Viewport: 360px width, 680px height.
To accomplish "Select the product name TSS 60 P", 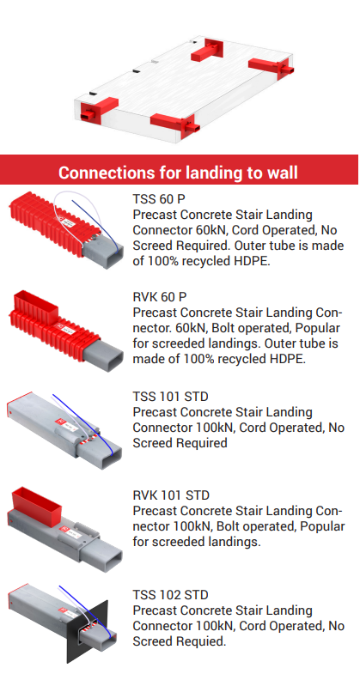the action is click(x=159, y=199).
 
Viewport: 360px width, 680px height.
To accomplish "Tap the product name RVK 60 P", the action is click(x=160, y=297).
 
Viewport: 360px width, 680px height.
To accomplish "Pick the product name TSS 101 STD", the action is click(x=170, y=397).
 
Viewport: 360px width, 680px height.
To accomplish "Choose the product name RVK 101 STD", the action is click(x=171, y=495).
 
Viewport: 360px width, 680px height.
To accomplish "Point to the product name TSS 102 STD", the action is click(x=170, y=594).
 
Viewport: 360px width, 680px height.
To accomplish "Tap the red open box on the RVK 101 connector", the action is click(x=36, y=505).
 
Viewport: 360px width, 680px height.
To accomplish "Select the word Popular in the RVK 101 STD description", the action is click(x=322, y=526).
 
